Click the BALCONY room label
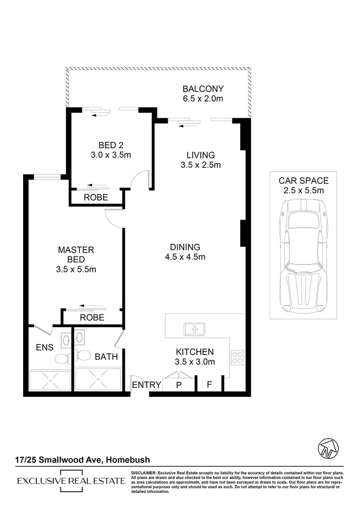tap(203, 89)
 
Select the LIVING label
tap(200, 155)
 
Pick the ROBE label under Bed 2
tap(96, 197)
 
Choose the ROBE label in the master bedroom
tap(92, 318)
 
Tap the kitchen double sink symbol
tap(194, 328)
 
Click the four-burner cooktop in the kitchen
tap(237, 358)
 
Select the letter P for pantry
tap(179, 385)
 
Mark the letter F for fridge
tap(209, 385)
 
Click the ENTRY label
tap(147, 385)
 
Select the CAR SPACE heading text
tap(303, 181)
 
